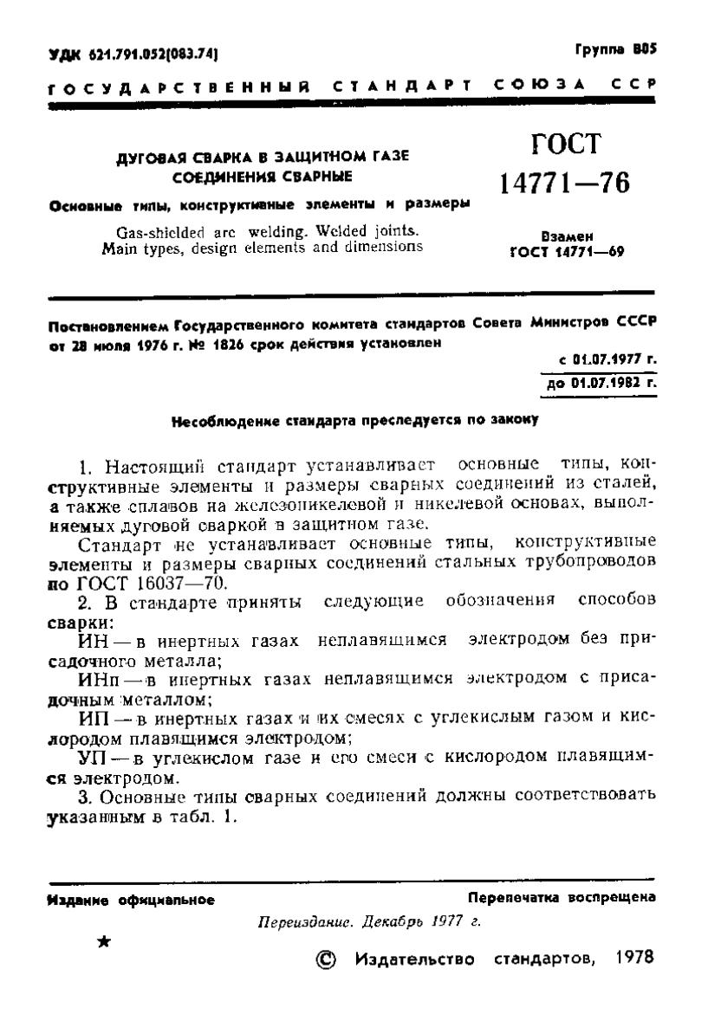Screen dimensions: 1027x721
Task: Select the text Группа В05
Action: [x=616, y=51]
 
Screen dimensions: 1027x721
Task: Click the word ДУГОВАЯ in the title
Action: [x=148, y=156]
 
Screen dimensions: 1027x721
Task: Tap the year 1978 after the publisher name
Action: [x=636, y=959]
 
